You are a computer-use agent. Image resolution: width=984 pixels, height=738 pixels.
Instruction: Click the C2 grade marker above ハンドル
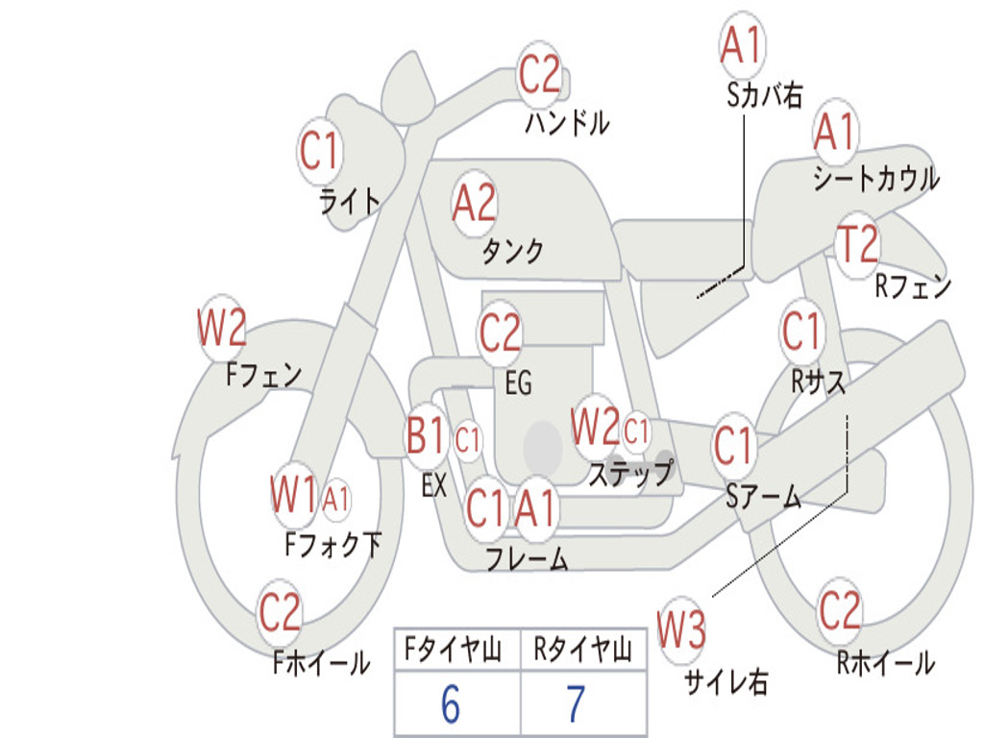[539, 74]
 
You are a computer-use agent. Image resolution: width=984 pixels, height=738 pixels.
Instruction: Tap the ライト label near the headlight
[350, 201]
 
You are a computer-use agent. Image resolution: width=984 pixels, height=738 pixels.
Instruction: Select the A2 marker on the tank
[475, 204]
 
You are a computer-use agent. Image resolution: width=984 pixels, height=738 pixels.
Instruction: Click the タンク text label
[513, 251]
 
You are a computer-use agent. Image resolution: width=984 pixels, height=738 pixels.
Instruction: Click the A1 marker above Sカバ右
[742, 45]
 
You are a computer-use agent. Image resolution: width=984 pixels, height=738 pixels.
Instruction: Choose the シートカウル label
[876, 178]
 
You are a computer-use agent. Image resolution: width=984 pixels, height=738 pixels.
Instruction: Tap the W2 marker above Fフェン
[222, 328]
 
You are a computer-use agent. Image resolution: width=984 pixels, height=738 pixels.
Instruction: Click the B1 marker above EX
[426, 435]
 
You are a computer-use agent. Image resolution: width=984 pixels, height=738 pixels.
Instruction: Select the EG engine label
[518, 382]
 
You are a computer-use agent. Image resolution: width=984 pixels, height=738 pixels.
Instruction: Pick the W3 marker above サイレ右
[681, 628]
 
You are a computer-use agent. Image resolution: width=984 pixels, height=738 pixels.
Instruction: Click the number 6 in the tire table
[451, 703]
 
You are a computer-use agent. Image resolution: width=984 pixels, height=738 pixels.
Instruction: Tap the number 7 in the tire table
[577, 703]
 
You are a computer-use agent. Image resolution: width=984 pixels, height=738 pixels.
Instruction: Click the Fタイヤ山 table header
[454, 650]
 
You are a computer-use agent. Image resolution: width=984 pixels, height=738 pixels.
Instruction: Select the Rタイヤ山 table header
[582, 650]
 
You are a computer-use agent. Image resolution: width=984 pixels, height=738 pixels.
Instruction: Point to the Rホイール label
[885, 663]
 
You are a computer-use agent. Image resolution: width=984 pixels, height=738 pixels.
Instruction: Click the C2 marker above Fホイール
[280, 612]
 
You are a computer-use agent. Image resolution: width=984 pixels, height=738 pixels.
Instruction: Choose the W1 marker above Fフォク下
[293, 495]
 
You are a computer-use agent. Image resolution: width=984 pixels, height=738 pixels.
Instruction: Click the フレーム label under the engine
[528, 558]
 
